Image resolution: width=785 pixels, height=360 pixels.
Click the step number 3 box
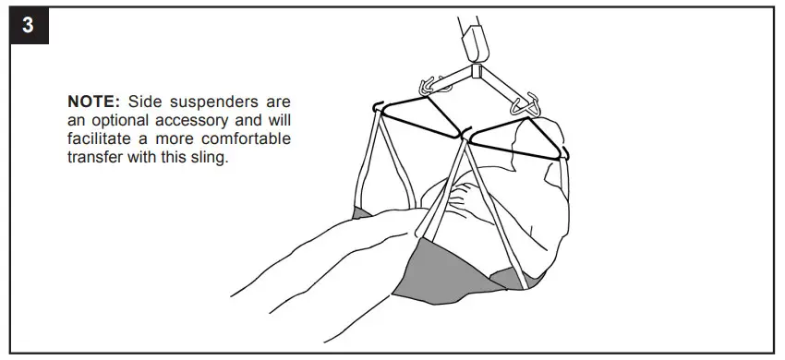(x=29, y=26)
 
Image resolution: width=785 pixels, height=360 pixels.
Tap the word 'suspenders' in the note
(x=204, y=100)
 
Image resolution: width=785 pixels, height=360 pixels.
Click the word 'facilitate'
(x=102, y=139)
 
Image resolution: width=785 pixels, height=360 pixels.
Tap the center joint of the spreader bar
(x=477, y=71)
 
